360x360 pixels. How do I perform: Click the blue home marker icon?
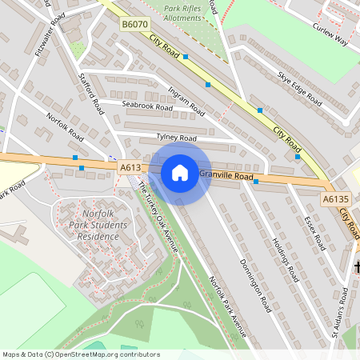[180, 173]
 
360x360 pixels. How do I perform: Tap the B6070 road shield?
[135, 26]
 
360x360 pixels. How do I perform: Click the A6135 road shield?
[336, 198]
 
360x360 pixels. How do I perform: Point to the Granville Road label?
[226, 175]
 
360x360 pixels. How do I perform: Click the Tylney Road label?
[177, 138]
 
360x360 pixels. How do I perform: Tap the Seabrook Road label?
[147, 106]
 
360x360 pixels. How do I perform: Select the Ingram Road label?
[186, 102]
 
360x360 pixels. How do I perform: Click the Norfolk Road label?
[65, 126]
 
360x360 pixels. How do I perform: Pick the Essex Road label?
[313, 232]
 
